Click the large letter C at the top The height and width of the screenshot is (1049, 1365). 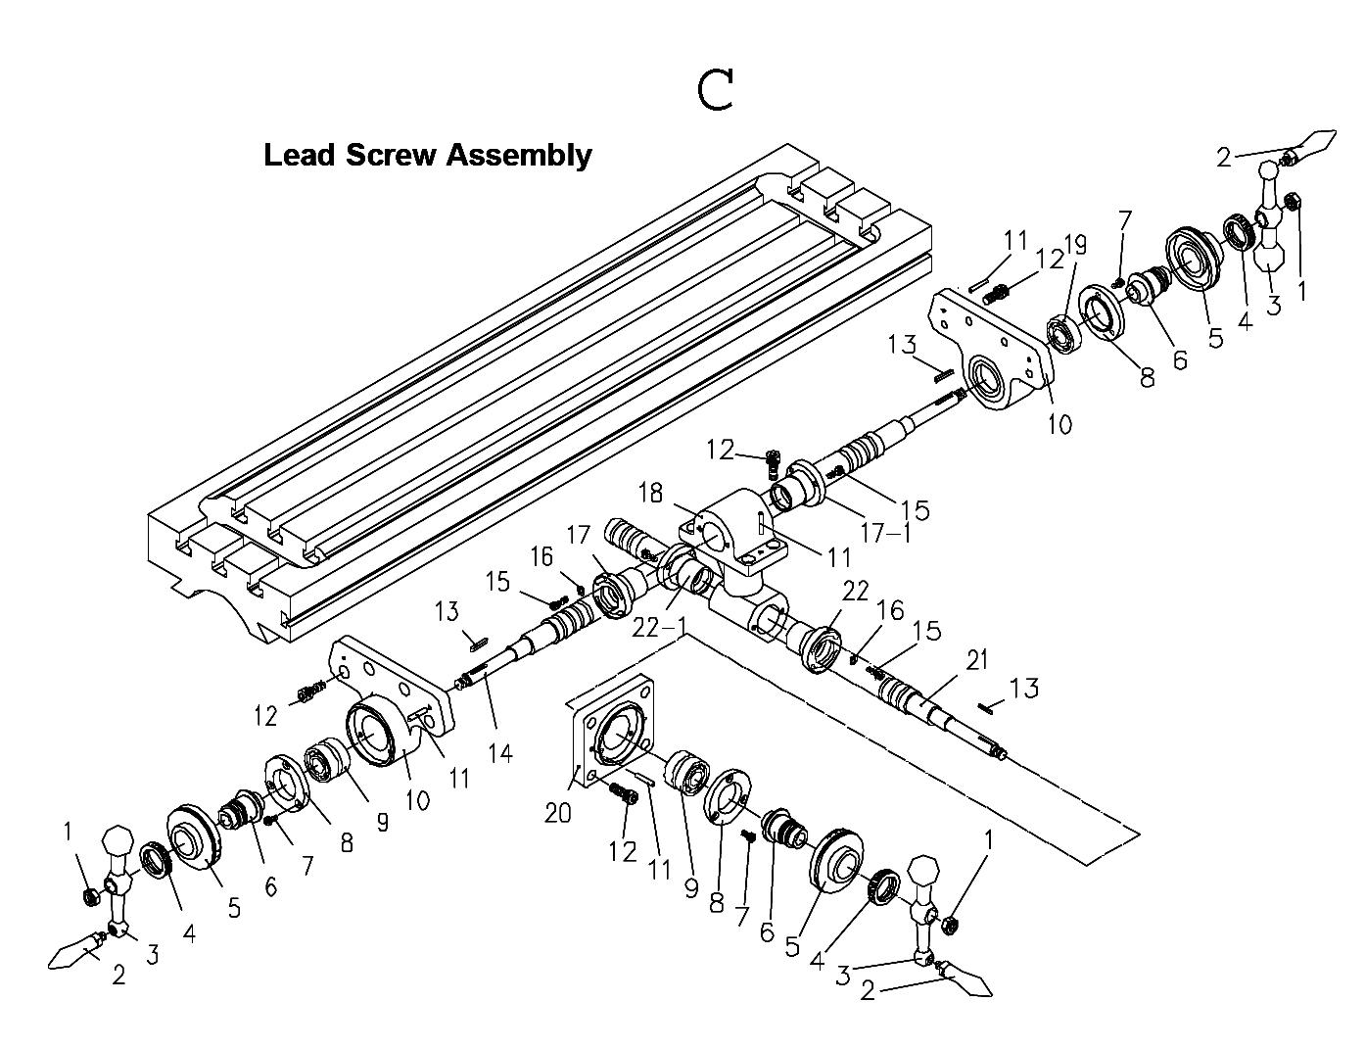point(717,90)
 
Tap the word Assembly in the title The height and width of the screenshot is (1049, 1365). point(519,155)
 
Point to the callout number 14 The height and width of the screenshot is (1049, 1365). point(501,752)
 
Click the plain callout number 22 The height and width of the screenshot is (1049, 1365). point(855,591)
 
